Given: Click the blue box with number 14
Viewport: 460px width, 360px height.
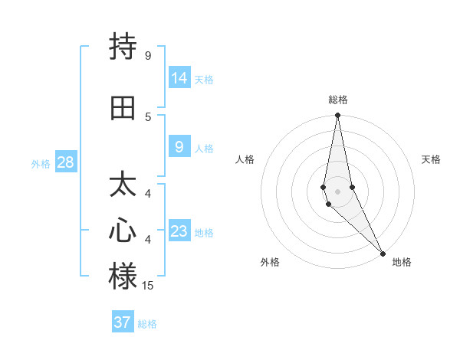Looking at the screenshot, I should click(x=179, y=77).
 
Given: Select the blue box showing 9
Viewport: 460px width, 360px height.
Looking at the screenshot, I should click(x=179, y=146).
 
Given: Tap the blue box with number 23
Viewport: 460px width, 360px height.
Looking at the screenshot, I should click(x=179, y=231).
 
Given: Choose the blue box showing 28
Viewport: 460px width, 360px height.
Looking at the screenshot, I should click(x=65, y=162).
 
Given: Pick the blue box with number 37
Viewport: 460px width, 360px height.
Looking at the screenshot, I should click(x=123, y=322).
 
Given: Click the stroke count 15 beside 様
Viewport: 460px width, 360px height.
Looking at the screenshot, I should click(x=148, y=286).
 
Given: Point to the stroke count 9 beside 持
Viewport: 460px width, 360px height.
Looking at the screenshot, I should click(x=147, y=56).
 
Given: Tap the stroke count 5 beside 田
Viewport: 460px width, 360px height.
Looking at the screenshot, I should click(x=147, y=116).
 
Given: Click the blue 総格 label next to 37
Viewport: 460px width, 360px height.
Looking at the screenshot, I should click(x=147, y=324).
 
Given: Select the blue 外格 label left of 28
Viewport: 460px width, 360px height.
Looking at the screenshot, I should click(x=41, y=163).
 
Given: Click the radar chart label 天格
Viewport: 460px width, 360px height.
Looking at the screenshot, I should click(x=431, y=159).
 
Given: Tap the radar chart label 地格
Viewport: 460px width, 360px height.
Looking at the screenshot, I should click(x=402, y=262).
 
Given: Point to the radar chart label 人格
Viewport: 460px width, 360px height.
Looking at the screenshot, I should click(x=245, y=159).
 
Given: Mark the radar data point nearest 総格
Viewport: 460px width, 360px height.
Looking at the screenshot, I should click(x=337, y=116).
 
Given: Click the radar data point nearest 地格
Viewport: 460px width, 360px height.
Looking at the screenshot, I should click(x=383, y=253).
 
